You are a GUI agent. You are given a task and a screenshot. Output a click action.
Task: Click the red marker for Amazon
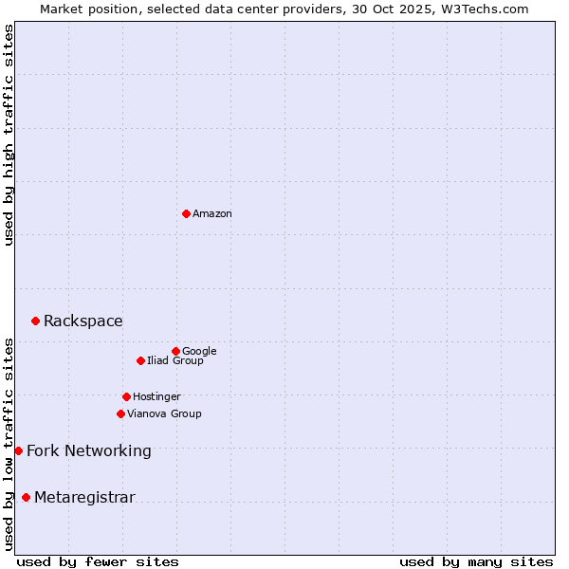pos(186,213)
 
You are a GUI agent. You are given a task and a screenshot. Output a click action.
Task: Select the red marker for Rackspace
pos(35,321)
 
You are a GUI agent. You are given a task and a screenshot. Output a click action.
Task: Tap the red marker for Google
pos(175,351)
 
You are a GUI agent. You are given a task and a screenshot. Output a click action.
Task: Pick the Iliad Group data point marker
pos(140,360)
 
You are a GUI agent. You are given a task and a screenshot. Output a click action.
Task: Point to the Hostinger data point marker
pos(126,396)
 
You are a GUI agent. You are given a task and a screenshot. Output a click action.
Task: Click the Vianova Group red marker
pos(120,413)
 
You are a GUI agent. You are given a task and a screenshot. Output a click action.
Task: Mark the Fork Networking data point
pos(18,450)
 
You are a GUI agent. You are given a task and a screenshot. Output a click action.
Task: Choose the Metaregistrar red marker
pos(26,498)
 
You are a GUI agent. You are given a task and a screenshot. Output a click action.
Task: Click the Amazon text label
pos(212,214)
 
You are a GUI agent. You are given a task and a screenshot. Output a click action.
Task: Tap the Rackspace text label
pos(83,321)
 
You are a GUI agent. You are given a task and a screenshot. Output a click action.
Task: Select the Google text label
pos(199,352)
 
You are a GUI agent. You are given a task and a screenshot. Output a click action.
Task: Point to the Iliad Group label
pos(175,361)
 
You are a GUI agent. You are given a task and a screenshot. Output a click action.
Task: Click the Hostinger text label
pos(156,397)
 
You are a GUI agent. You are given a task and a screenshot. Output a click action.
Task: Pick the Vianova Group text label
pos(164,414)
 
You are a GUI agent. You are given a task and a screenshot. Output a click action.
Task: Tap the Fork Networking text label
pos(89,450)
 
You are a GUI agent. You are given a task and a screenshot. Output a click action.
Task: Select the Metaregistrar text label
pos(84,498)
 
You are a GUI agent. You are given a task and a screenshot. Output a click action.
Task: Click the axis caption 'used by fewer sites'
pos(98,561)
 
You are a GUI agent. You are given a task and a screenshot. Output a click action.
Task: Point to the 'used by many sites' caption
pos(476,561)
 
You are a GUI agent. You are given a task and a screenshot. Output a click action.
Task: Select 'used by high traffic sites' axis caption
pos(9,136)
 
